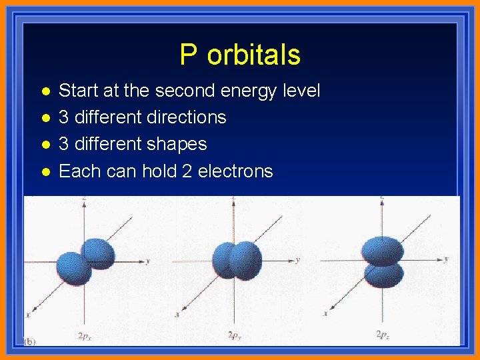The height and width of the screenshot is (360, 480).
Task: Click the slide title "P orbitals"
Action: click(x=240, y=55)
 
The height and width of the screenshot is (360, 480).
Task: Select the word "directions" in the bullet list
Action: click(x=183, y=117)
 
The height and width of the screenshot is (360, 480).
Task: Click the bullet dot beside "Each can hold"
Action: click(x=45, y=172)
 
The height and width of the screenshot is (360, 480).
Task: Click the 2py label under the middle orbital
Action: click(x=235, y=335)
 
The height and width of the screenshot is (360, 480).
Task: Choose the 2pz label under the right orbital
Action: click(x=383, y=334)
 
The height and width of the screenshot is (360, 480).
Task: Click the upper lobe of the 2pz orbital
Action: click(x=383, y=251)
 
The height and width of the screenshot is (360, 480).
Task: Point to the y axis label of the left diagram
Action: click(x=147, y=261)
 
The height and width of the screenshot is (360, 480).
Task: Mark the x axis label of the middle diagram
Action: click(x=177, y=313)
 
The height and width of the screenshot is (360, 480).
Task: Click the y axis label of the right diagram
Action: click(x=446, y=259)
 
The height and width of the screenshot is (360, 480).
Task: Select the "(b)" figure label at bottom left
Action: click(x=30, y=341)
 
